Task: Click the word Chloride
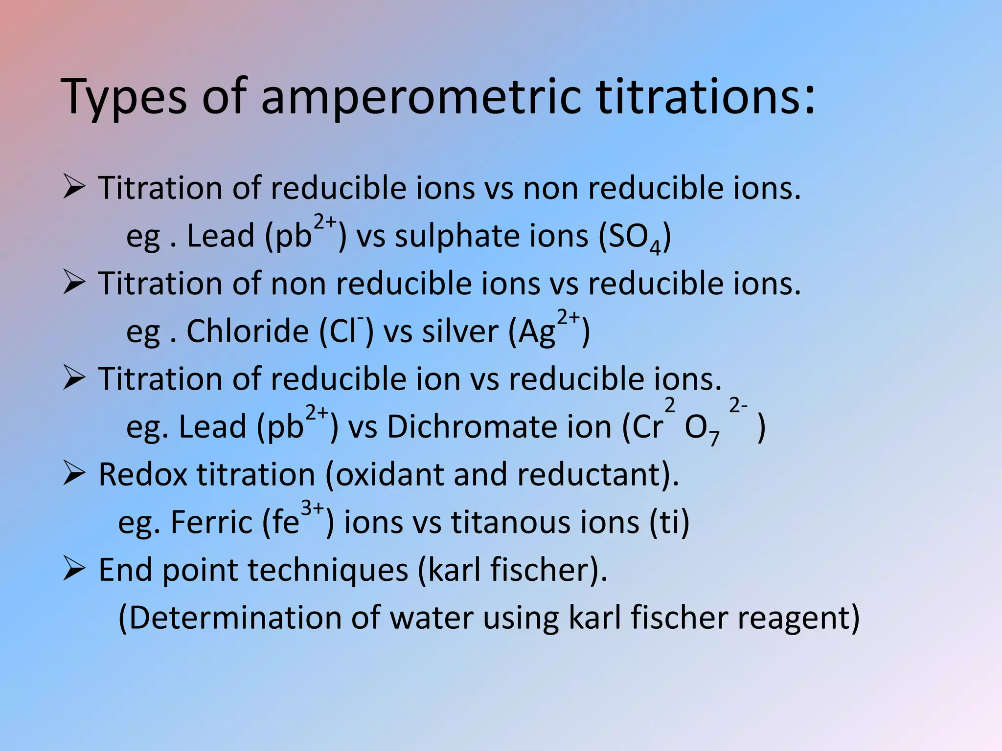tap(248, 331)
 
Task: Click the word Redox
tap(143, 474)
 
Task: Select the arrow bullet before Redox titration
tap(74, 474)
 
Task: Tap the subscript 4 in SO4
tap(655, 248)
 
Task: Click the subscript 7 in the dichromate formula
tap(714, 439)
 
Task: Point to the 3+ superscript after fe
tap(312, 508)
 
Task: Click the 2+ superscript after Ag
tap(568, 318)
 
